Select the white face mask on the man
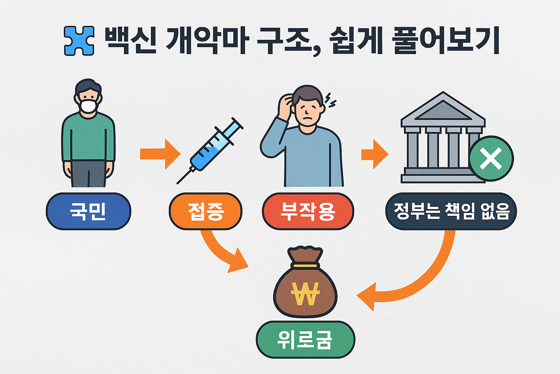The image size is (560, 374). click(x=89, y=106)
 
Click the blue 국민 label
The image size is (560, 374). click(x=88, y=211)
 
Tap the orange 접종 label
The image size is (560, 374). click(x=206, y=211)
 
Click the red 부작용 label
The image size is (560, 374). click(x=308, y=211)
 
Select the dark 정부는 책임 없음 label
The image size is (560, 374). click(x=451, y=211)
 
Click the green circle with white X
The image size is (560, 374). click(x=491, y=158)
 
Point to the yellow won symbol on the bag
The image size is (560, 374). click(x=306, y=294)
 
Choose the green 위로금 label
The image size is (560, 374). click(x=305, y=340)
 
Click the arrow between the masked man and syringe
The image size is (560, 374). click(x=160, y=154)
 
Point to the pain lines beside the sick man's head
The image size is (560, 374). click(x=330, y=100)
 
